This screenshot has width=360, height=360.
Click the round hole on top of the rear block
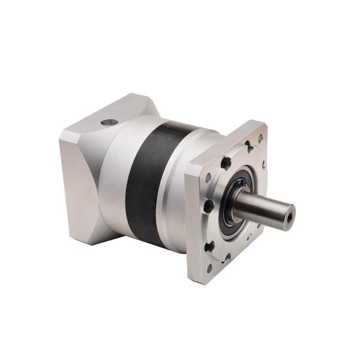coord(109,122)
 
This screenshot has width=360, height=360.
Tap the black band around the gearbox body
coord(146,180)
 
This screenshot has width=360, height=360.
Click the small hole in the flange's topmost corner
coord(260,137)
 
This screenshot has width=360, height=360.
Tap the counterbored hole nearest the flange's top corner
coord(248,146)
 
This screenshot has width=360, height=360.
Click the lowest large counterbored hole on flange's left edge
coord(208,246)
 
